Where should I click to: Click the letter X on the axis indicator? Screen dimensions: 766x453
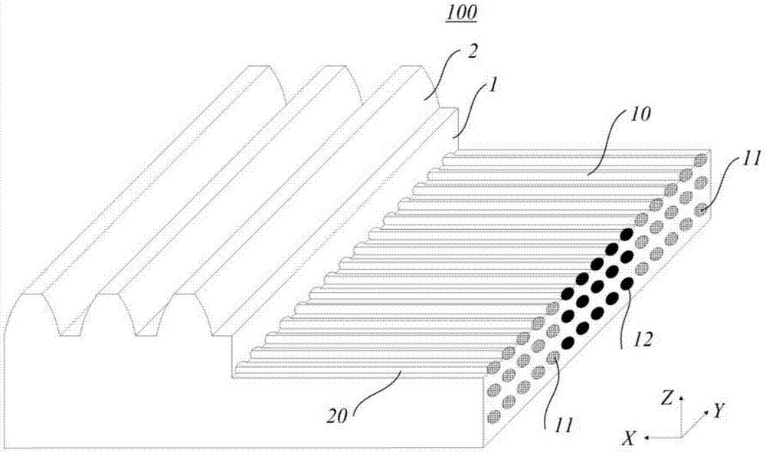point(630,437)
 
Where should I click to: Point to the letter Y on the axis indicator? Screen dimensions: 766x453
point(719,412)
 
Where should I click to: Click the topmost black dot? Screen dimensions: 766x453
point(626,235)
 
